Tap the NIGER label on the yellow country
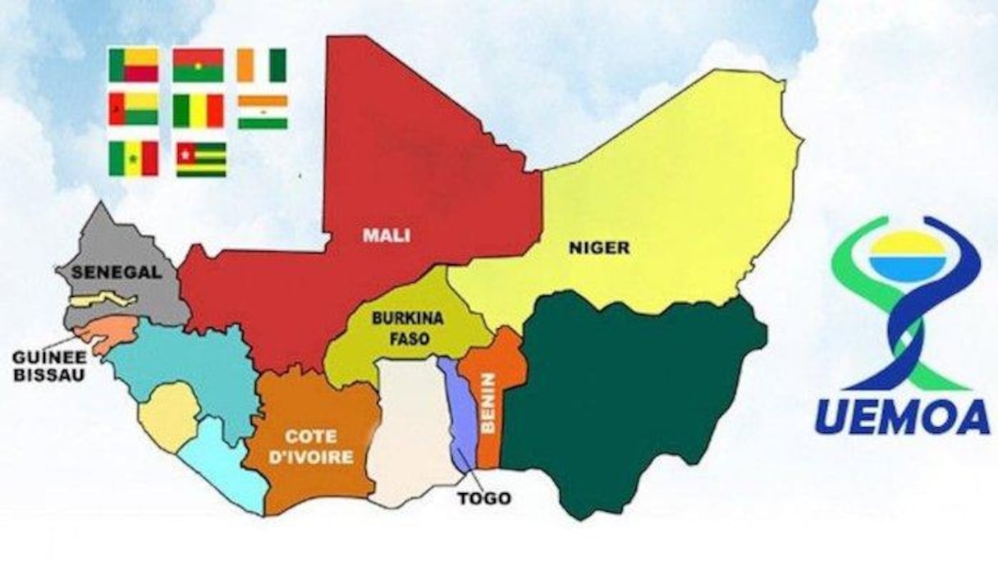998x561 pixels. coord(599,247)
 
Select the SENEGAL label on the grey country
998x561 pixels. coord(116,272)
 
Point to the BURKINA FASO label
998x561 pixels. coord(400,326)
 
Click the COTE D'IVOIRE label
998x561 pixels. coord(318,445)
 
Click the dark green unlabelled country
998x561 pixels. coord(632,394)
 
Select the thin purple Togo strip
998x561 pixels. coord(456,410)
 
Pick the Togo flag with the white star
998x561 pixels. coord(201,159)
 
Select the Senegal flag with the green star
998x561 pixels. coord(133,157)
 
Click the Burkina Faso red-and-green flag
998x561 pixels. coord(198,66)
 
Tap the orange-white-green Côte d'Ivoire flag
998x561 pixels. coord(262,66)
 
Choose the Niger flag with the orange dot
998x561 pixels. coord(263,112)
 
